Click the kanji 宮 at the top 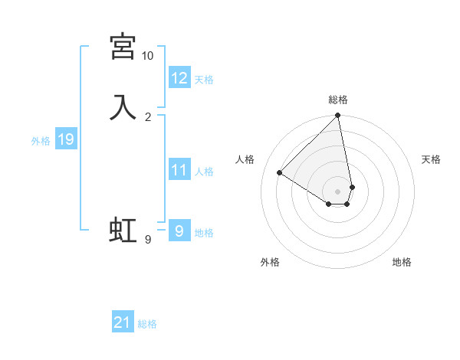pos(123,47)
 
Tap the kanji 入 pos(123,106)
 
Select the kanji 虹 pos(123,230)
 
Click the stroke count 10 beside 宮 pos(147,56)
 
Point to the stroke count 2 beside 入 pos(147,116)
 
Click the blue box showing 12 pos(179,78)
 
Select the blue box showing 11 pos(179,170)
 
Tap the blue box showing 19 pos(65,139)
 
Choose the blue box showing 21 pos(123,322)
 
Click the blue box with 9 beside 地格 pos(179,231)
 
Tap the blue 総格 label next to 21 pos(147,324)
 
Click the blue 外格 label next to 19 pos(41,141)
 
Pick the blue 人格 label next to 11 pos(205,172)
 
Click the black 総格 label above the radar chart pos(338,100)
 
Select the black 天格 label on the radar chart pos(431,159)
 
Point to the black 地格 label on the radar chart pos(402,263)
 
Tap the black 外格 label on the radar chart pos(270,263)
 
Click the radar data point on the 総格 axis pos(338,116)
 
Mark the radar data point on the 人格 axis pos(280,173)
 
